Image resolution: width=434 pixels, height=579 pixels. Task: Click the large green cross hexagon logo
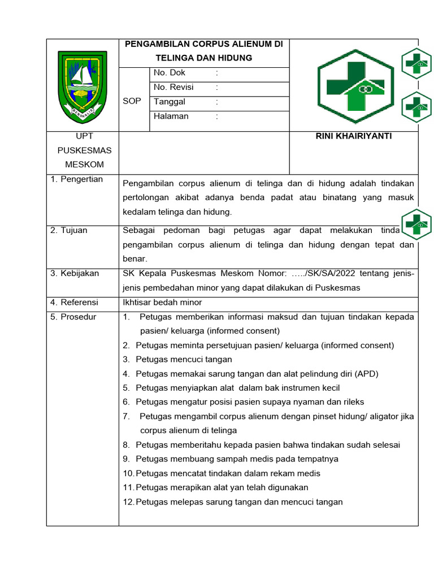pos(355,85)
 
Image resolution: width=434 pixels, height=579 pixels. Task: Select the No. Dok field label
pos(169,73)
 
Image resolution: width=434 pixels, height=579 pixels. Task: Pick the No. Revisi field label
pos(173,87)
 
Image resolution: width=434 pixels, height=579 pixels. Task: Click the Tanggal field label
pos(170,102)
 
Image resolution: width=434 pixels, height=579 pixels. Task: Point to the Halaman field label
pos(171,116)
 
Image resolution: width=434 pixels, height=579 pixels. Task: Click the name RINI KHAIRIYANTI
pos(354,136)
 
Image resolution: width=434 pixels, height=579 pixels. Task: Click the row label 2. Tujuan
pos(69,230)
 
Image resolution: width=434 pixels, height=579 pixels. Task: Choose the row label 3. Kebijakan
pos(75,273)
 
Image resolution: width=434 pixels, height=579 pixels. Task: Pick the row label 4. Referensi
pos(74,302)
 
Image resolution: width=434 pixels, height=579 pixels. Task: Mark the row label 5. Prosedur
pos(73,317)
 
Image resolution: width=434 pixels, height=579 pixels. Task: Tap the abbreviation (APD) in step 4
pos(366,374)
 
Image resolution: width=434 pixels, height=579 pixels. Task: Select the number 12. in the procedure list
pos(128,502)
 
